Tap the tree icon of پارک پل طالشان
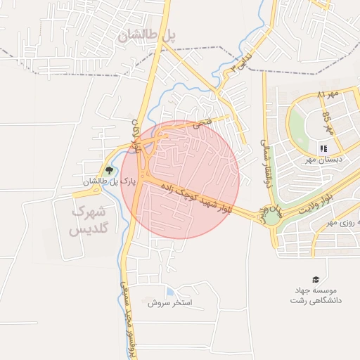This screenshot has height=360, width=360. click(x=108, y=171)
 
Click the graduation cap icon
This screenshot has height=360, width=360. click(x=315, y=280)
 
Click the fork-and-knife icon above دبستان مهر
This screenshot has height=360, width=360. click(x=323, y=148)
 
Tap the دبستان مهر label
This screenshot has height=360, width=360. click(x=323, y=160)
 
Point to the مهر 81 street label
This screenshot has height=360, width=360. click(x=328, y=94)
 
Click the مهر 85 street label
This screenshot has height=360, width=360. click(x=328, y=119)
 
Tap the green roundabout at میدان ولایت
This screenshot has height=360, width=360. click(x=271, y=217)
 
